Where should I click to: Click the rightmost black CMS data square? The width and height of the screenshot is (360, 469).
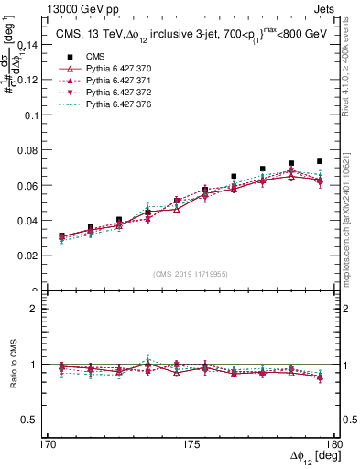pos(320,161)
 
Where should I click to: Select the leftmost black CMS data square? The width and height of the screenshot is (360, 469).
pos(61,235)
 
